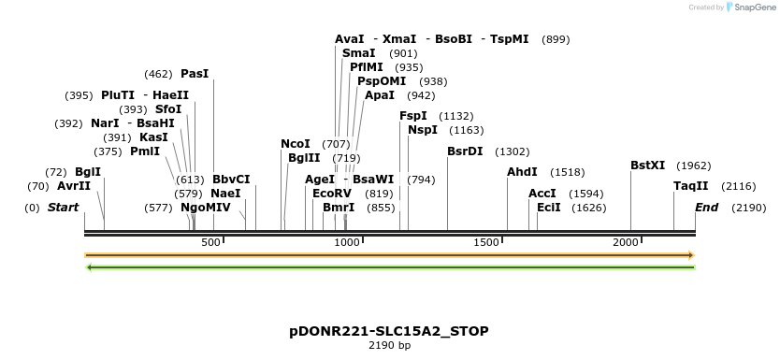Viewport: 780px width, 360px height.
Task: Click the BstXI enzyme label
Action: (647, 166)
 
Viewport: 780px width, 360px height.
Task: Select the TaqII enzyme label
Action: (691, 186)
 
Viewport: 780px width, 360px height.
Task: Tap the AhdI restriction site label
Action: (522, 172)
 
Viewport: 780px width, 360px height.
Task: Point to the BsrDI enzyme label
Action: (465, 151)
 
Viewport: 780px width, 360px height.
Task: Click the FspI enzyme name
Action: (413, 116)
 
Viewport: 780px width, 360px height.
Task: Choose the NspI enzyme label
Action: (423, 130)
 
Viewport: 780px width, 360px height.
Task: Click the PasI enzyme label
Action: (195, 73)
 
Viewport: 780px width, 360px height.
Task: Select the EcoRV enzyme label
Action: (332, 193)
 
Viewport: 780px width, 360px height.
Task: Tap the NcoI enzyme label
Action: (296, 144)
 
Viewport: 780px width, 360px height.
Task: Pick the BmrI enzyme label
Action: (339, 207)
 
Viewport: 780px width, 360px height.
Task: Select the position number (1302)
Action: (513, 151)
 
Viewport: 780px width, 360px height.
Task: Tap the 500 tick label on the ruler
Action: (210, 243)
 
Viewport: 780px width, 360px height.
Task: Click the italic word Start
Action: (63, 207)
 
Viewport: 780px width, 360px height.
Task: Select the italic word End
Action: (706, 207)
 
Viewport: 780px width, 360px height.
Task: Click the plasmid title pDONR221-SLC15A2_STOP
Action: (389, 331)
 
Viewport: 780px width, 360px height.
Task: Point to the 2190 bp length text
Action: (389, 346)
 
